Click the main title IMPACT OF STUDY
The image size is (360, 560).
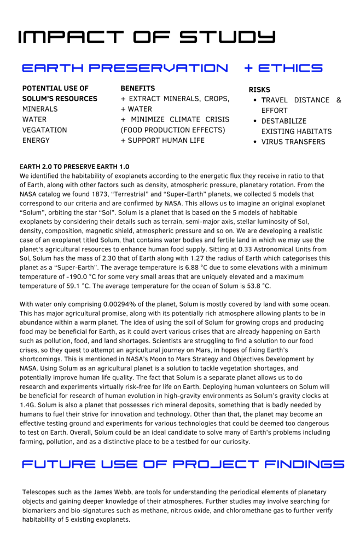pos(147,37)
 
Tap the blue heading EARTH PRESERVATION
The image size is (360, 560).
pos(125,68)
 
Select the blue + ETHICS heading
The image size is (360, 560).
pos(283,68)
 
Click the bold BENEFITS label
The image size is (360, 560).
pos(137,88)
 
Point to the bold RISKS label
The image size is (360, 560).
pos(259,90)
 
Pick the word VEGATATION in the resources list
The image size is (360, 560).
pos(45,130)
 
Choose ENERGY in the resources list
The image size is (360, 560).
pos(36,140)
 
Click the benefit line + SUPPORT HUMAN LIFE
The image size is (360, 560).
pos(162,140)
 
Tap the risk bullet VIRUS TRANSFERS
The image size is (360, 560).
pos(293,142)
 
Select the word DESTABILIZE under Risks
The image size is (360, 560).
pos(284,121)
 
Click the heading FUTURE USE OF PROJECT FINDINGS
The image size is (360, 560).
pos(183,465)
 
